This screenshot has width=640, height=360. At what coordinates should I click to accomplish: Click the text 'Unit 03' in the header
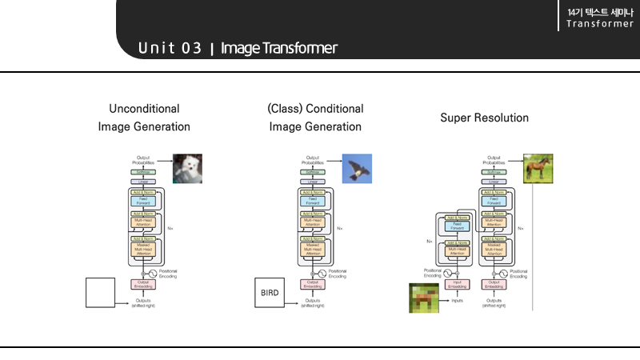click(170, 48)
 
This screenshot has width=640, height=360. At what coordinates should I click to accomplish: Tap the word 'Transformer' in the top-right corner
click(599, 23)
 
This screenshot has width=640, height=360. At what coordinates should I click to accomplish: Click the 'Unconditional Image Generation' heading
click(144, 117)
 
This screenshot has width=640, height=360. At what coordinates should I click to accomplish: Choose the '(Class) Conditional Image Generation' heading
click(315, 117)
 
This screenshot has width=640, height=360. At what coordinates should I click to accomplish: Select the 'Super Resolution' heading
click(484, 118)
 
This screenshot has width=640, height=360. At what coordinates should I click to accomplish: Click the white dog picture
click(188, 169)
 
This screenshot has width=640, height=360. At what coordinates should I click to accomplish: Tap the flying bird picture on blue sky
click(358, 169)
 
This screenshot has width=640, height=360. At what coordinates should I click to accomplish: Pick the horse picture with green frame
click(538, 169)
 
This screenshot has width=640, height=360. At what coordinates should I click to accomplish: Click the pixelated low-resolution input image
click(425, 298)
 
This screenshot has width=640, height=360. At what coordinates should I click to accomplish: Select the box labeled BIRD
click(269, 292)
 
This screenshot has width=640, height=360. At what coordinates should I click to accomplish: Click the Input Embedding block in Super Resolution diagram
click(457, 284)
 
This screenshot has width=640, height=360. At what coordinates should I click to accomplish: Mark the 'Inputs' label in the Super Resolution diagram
click(457, 301)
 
